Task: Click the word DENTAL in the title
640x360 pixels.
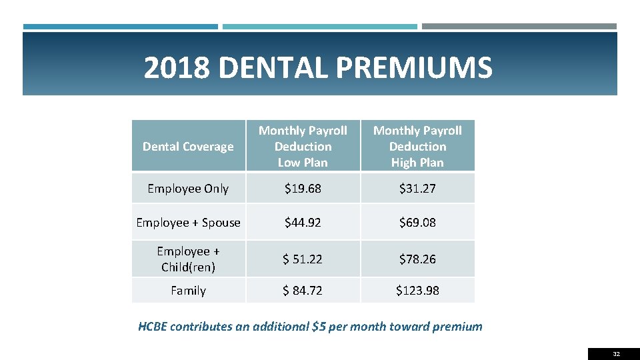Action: (271, 68)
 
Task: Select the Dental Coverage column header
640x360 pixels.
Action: (188, 147)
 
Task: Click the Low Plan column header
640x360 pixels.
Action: (303, 147)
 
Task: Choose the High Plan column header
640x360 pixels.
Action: (417, 147)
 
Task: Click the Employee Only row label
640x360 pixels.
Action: (188, 189)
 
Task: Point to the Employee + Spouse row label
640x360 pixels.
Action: (188, 223)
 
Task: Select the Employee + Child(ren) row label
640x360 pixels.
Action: (188, 259)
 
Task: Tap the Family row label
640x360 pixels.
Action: (188, 291)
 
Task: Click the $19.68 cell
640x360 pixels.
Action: (303, 189)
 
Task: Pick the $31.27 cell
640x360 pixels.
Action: (417, 189)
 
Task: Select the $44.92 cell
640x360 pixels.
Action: (303, 223)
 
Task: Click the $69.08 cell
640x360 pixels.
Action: (417, 223)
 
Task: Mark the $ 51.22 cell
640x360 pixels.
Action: (303, 259)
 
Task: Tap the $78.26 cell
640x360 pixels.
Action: (417, 259)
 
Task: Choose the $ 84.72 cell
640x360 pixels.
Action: (303, 291)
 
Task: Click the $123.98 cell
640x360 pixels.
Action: (417, 291)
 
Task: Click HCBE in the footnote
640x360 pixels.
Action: (153, 327)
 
